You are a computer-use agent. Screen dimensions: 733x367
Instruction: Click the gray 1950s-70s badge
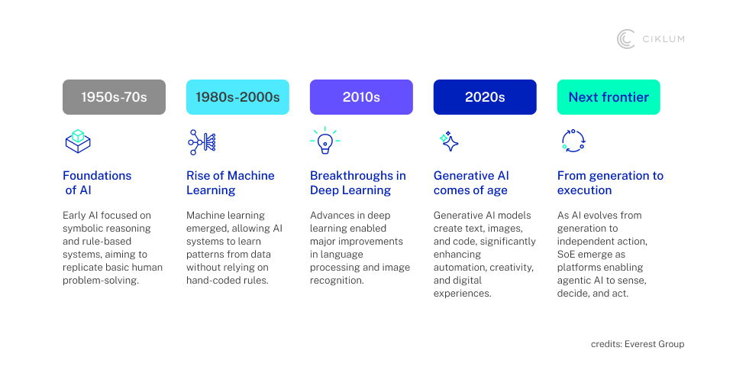(x=114, y=97)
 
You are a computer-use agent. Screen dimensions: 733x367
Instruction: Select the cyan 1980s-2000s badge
(x=237, y=97)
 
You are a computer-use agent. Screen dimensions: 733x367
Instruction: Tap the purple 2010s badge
(x=361, y=97)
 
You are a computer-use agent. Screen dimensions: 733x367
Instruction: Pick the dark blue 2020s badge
(x=485, y=97)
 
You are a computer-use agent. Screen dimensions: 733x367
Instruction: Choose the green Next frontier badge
(x=609, y=97)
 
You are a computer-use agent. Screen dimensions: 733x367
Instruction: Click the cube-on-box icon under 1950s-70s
(x=78, y=141)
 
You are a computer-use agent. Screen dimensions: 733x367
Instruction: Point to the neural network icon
(x=202, y=142)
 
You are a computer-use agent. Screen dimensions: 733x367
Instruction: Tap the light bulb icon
(x=325, y=141)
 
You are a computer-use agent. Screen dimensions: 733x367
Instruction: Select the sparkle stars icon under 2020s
(x=449, y=141)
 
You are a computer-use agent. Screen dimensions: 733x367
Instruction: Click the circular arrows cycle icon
(x=573, y=141)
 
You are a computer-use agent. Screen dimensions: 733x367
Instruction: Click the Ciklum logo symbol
(x=625, y=39)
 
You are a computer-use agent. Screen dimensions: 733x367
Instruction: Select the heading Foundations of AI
(x=97, y=183)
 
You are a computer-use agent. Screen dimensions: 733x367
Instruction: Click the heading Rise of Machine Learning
(x=231, y=183)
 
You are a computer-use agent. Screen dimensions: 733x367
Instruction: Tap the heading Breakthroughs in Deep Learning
(x=358, y=183)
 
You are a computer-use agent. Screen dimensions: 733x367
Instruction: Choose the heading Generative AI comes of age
(x=471, y=183)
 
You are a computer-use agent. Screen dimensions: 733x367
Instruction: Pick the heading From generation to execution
(x=611, y=183)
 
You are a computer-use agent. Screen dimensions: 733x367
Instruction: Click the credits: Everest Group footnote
(x=638, y=344)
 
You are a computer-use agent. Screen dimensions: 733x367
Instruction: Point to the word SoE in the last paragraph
(x=566, y=254)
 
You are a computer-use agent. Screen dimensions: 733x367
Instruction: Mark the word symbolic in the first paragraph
(x=82, y=229)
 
